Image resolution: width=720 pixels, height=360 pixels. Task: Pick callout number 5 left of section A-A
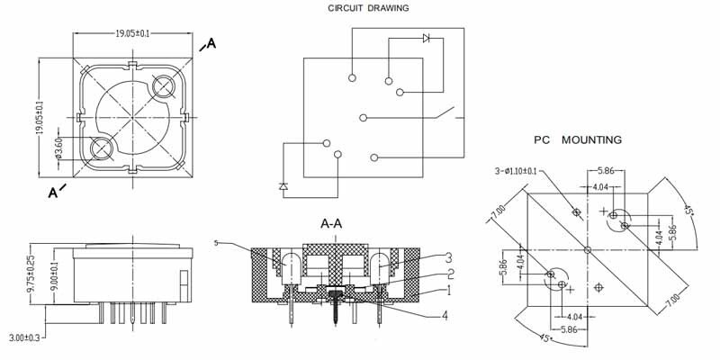click(217, 242)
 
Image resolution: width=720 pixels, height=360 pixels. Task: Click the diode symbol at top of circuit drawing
click(427, 39)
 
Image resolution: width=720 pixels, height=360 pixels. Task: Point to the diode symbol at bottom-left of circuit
click(283, 186)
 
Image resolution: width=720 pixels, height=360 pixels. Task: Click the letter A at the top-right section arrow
click(211, 42)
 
